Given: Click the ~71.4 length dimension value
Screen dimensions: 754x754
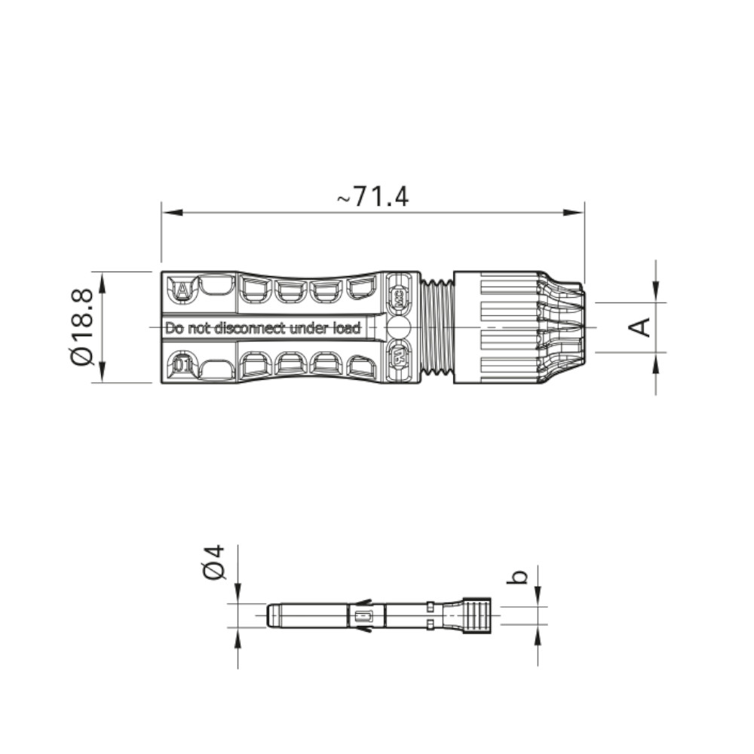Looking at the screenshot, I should coord(372,197).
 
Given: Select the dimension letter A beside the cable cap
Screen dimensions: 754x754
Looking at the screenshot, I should coord(640,327).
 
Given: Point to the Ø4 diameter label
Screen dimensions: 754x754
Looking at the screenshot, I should coord(216,562).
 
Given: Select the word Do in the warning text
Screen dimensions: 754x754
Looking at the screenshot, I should coord(174,328).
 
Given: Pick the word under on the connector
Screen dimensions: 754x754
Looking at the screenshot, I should coord(309,328).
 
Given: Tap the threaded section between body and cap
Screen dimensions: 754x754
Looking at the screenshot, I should coord(437,327).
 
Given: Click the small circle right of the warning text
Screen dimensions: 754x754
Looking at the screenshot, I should coord(398,327).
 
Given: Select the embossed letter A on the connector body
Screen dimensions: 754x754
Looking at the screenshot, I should coord(182,289).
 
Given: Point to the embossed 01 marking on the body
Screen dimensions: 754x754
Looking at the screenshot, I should coord(181,366).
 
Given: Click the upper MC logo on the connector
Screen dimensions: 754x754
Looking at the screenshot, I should coord(398,295).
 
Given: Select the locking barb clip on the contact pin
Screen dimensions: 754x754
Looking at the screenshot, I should coord(363,616).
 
